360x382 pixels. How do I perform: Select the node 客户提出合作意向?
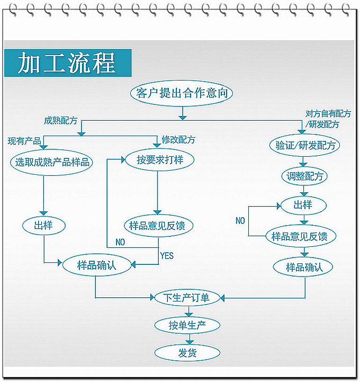(182, 93)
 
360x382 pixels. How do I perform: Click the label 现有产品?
(24, 141)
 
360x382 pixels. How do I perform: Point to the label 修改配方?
(178, 140)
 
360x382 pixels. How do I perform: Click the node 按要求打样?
(158, 159)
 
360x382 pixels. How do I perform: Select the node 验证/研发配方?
(304, 145)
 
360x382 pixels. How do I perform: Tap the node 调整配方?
(304, 176)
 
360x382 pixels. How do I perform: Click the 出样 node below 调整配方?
(303, 205)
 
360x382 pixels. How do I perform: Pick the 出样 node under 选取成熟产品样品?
(44, 225)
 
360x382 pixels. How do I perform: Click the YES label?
(167, 255)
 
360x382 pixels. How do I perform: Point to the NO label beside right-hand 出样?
(240, 220)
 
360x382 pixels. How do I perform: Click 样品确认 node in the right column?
(304, 266)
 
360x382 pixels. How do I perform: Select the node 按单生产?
(187, 325)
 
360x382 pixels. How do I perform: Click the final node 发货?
(187, 352)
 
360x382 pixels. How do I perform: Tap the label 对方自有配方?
(328, 114)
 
